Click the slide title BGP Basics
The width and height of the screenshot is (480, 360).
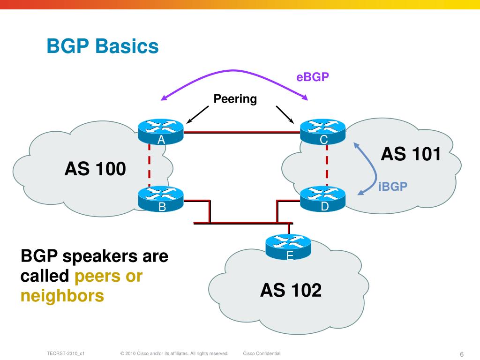tap(103, 47)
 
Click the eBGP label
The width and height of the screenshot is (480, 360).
tap(313, 77)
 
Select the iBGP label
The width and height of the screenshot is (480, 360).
tap(393, 187)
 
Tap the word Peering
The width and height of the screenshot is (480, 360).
tap(235, 99)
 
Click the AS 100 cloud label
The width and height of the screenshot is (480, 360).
tap(95, 169)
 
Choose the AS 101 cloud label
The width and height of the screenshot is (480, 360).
tap(411, 154)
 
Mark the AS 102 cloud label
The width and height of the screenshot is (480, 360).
tap(291, 291)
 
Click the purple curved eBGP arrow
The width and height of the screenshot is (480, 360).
tap(233, 71)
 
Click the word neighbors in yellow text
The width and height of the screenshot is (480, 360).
tap(62, 296)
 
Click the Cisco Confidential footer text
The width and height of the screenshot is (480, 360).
tap(262, 353)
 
